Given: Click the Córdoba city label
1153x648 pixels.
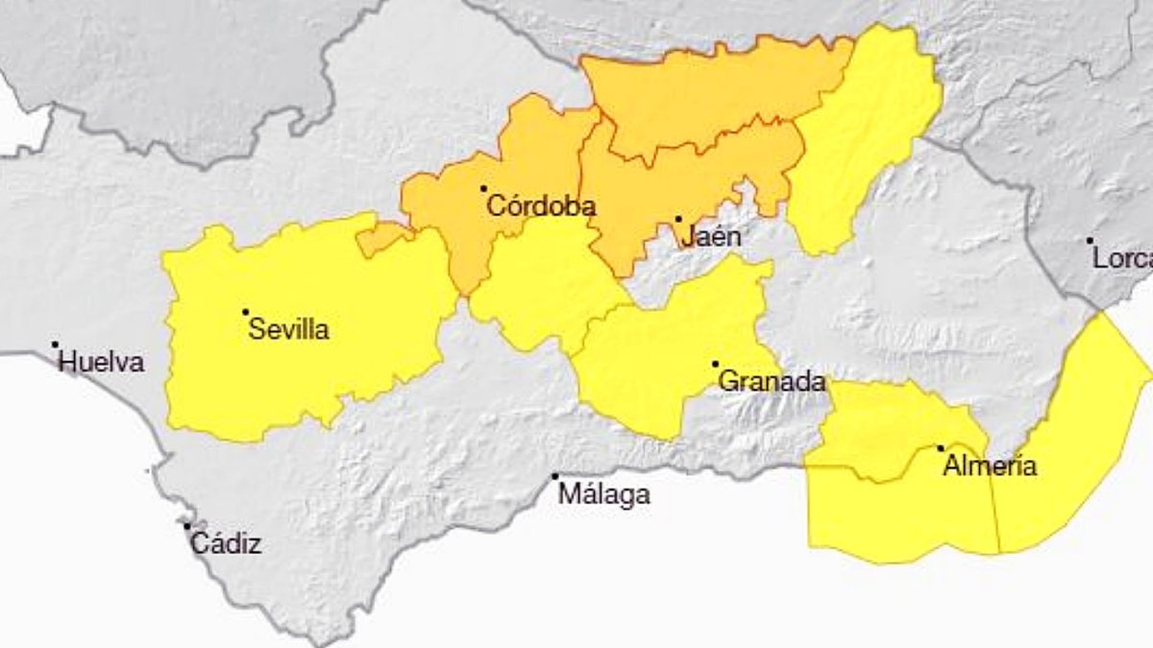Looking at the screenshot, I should coord(541,205).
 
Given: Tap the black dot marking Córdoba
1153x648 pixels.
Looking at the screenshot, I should coord(483,188).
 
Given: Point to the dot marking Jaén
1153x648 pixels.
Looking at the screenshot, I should coord(678,219).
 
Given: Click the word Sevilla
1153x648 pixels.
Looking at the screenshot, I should coord(288,330).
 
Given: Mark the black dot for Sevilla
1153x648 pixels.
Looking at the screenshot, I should coord(246,312).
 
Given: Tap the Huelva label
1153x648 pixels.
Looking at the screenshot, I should coord(101,363).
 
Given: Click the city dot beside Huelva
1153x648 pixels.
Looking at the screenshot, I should coord(55,345).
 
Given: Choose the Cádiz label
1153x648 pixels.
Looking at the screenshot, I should coord(226,544).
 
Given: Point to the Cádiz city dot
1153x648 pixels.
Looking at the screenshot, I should coord(187,526).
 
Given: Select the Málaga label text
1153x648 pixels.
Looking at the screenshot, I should coord(603,495).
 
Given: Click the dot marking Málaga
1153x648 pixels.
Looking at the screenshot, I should coord(554,477).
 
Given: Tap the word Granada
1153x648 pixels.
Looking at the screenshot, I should coord(772,382).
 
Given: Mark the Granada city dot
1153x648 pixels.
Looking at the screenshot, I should coord(716,364).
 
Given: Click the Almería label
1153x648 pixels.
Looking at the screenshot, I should coord(990,468).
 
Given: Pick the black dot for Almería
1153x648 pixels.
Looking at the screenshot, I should coord(941,448).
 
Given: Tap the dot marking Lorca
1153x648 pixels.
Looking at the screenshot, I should coord(1090,241).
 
